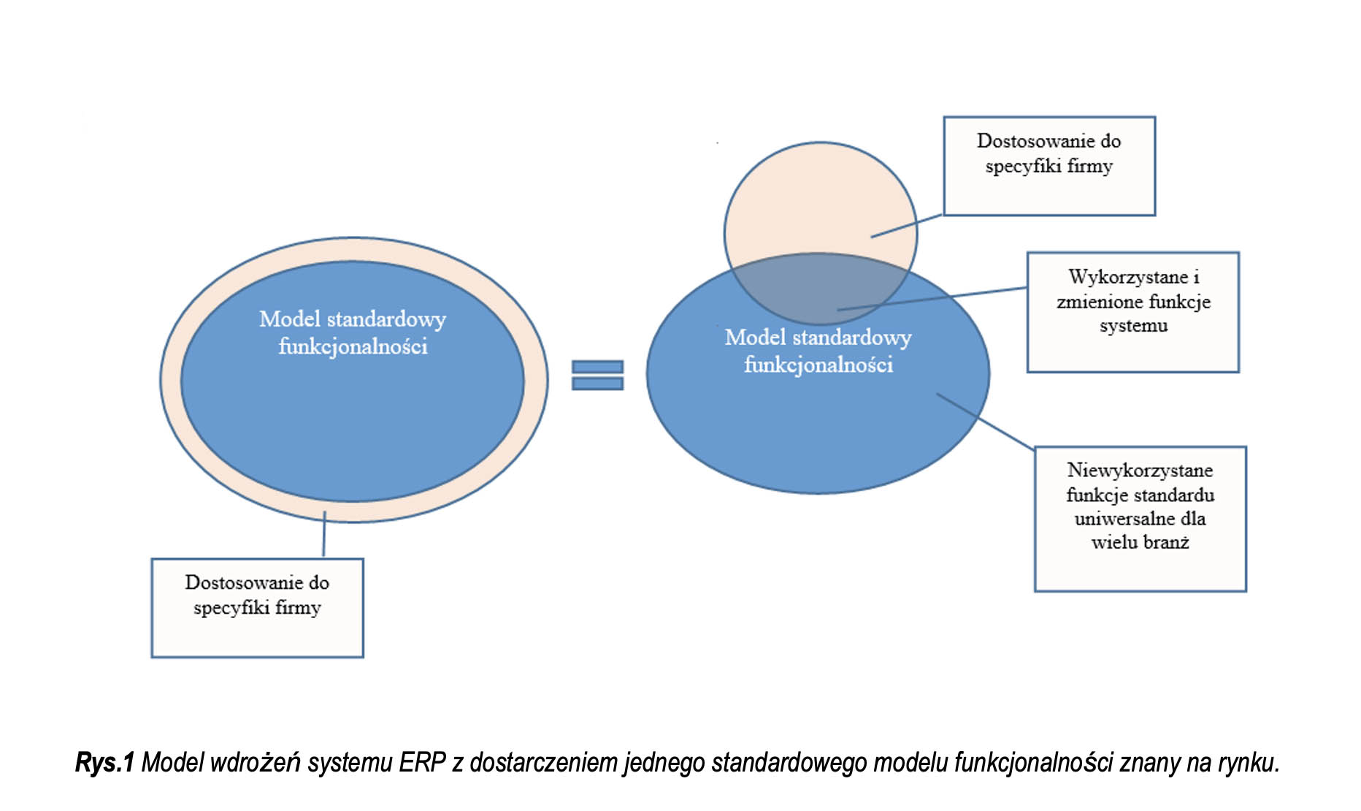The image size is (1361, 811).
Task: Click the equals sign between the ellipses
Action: coord(597,375)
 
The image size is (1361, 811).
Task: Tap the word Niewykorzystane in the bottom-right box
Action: coord(1140,470)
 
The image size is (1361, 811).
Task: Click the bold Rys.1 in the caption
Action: coord(104,762)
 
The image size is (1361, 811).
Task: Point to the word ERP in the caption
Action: coord(422,762)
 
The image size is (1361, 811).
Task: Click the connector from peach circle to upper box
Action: coord(908,226)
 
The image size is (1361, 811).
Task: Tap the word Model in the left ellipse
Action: coord(290,319)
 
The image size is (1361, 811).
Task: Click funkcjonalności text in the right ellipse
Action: coord(818,365)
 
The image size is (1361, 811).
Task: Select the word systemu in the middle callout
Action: coord(1133,326)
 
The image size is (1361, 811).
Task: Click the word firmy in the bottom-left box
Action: coord(298,607)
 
